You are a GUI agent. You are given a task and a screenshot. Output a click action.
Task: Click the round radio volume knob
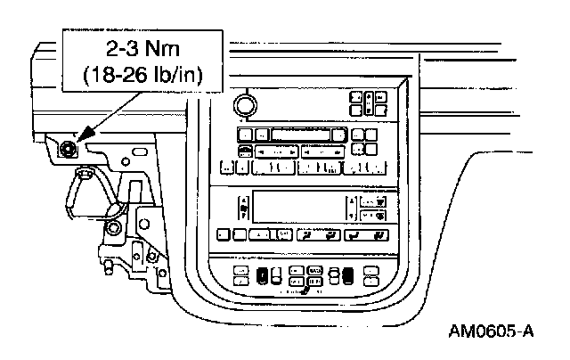point(242,105)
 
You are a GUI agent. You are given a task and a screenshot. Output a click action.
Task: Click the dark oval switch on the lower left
point(263,274)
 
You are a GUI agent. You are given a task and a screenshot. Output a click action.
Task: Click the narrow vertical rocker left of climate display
point(243,208)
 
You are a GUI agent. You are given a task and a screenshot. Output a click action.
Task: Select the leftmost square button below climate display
point(223,235)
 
